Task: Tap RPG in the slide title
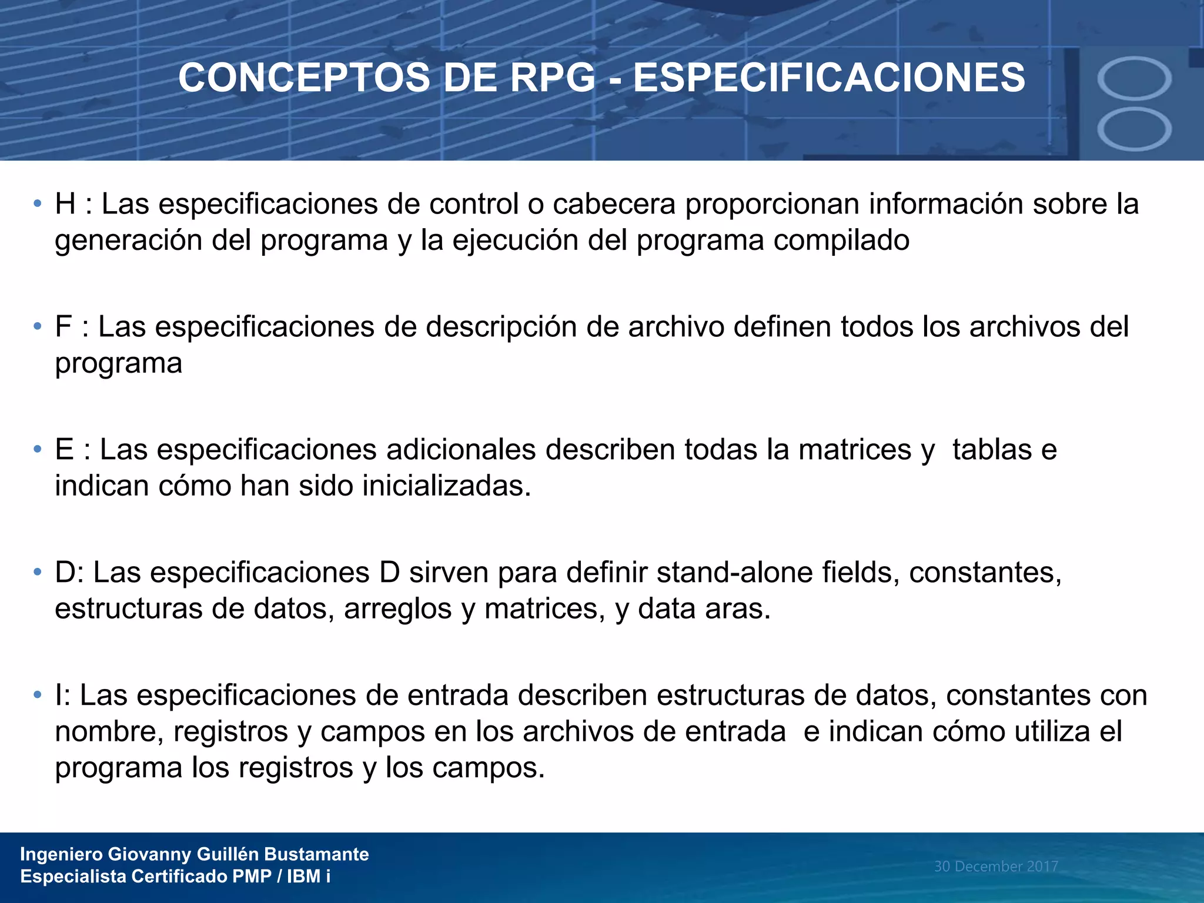(x=552, y=78)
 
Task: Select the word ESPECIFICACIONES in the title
(x=829, y=78)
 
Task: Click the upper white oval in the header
(x=1134, y=78)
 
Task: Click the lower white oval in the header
(x=1134, y=129)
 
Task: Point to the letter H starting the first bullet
(x=65, y=205)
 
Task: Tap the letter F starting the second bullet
(x=63, y=327)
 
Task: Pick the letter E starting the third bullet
(x=64, y=450)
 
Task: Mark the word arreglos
(x=397, y=609)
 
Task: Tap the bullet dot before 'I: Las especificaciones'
(x=38, y=695)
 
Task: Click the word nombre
(x=109, y=732)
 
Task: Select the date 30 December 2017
(x=996, y=866)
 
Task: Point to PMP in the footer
(x=252, y=877)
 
